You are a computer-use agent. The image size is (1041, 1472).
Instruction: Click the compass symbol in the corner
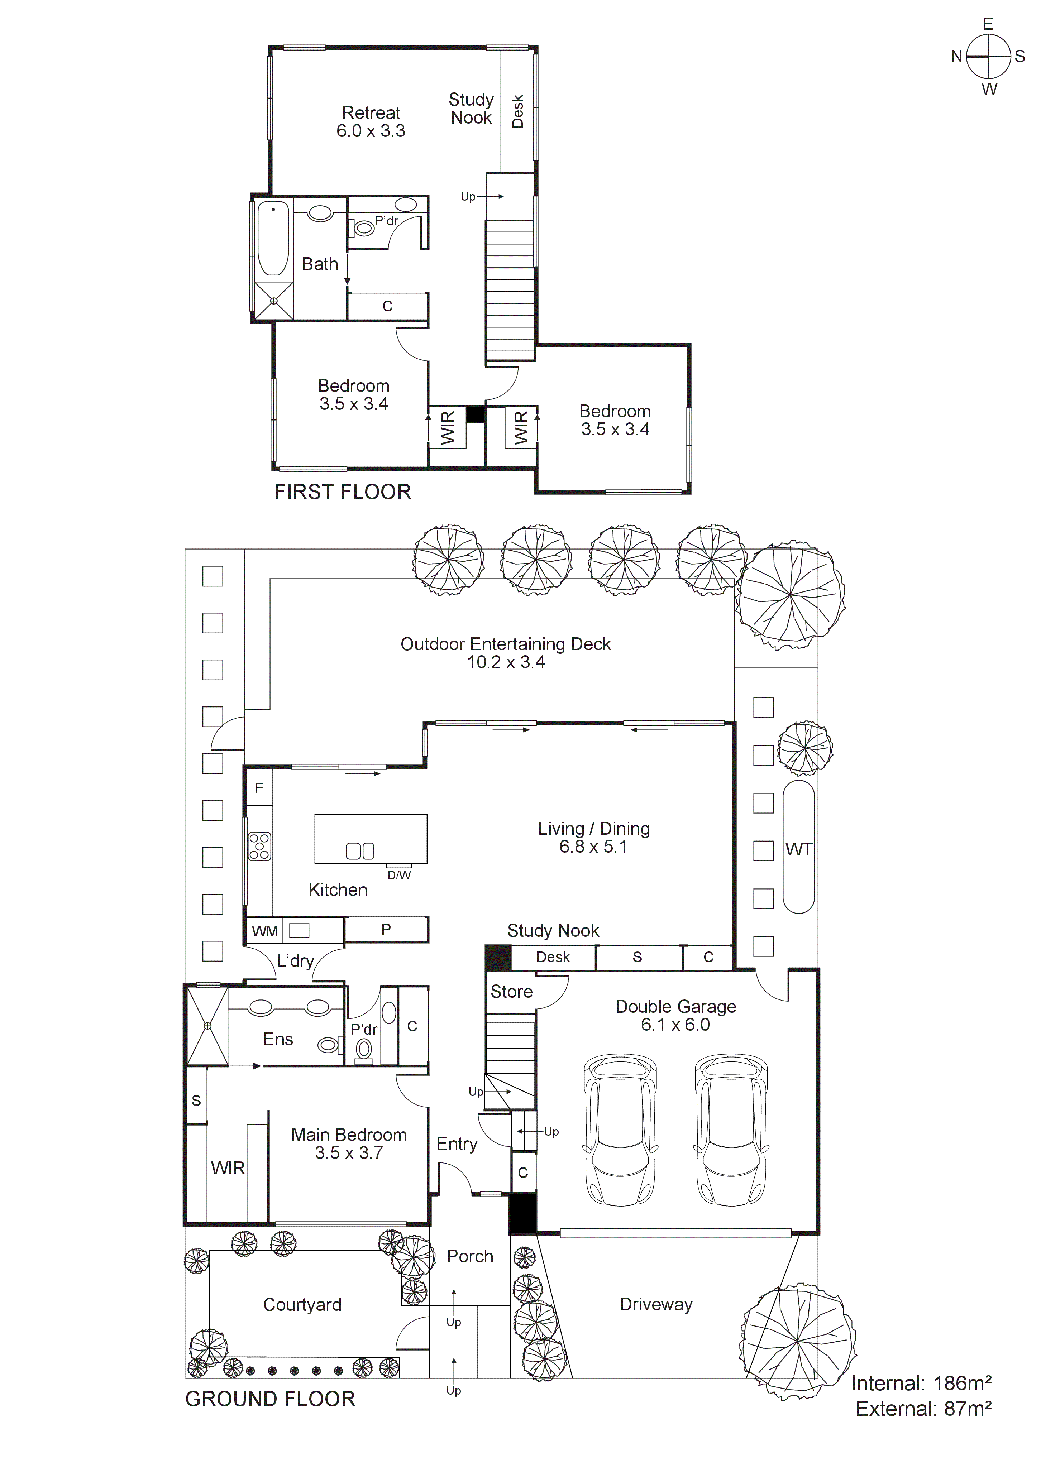click(988, 56)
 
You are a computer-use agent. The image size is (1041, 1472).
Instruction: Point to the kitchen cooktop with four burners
click(260, 846)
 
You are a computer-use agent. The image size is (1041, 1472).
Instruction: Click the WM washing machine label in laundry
click(264, 931)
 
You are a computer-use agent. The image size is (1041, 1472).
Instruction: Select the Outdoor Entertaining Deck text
click(505, 644)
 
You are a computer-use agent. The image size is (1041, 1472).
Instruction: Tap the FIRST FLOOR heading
click(343, 492)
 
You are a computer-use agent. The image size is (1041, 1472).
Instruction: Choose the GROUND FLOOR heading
click(270, 1399)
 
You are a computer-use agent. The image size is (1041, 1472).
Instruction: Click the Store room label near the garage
click(511, 992)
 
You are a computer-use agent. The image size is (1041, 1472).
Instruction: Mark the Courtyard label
click(302, 1305)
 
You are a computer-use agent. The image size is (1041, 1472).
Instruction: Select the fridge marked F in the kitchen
click(259, 788)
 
